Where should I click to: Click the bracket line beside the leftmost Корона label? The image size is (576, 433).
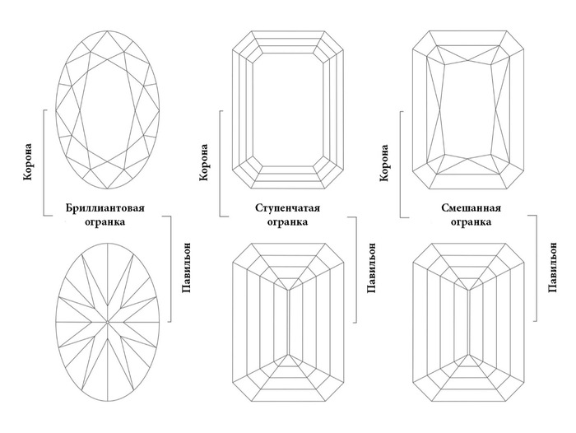43,165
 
